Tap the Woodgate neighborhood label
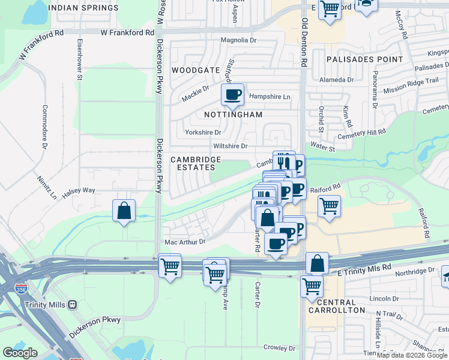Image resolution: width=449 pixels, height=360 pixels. coord(196,70)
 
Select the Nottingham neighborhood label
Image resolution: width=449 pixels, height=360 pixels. coord(234,115)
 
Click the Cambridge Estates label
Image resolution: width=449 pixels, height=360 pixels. coord(196,163)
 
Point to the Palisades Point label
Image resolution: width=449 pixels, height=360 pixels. coord(364,59)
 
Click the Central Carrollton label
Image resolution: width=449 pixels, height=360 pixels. coord(336,306)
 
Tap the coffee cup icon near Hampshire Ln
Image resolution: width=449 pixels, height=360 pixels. coord(232,94)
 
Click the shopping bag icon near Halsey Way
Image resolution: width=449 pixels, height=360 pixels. coord(124,211)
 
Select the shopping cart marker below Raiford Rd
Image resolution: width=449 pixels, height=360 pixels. coord(329,206)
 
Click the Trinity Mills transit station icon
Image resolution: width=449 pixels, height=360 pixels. coord(73,304)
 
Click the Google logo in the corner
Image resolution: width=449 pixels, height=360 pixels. coord(20,353)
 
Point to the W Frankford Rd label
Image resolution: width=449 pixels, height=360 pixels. coord(123,32)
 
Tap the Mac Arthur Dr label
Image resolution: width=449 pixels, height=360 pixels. coord(185,242)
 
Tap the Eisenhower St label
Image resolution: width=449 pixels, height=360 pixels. coord(79,59)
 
